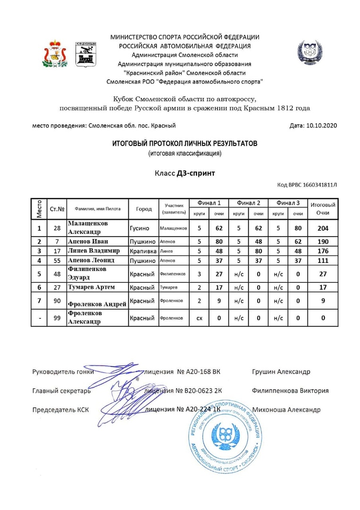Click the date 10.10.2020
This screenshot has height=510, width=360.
click(x=321, y=126)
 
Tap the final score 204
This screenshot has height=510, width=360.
click(x=323, y=229)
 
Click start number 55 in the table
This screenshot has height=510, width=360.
click(x=57, y=260)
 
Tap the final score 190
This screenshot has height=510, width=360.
click(x=323, y=241)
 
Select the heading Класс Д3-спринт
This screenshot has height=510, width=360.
click(x=184, y=173)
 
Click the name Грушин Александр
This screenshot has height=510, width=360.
click(x=281, y=372)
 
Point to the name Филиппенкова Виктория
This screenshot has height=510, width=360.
click(x=290, y=391)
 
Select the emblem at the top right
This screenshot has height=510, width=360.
click(x=309, y=52)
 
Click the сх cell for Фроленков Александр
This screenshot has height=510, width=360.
click(x=199, y=318)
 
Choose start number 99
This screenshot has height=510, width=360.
click(x=57, y=318)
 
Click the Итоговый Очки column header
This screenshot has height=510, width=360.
click(x=323, y=209)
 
